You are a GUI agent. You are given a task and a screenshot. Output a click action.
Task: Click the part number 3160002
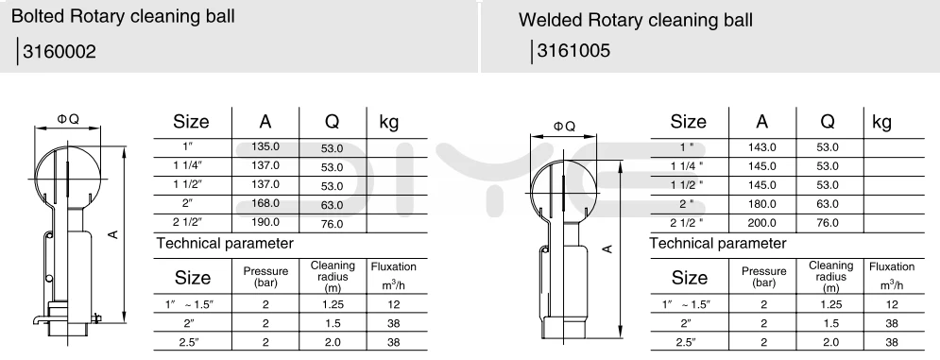coord(60,52)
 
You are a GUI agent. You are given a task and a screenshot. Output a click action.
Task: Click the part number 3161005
coord(573,50)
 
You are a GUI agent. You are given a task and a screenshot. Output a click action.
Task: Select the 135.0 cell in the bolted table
coord(265,147)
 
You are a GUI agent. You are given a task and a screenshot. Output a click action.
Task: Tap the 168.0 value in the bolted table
coord(265,203)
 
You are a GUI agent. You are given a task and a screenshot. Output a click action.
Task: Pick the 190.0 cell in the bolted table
coord(265,222)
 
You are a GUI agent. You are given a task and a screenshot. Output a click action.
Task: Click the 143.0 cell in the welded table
coord(762,147)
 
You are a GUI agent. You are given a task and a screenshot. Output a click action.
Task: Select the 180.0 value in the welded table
coord(762,204)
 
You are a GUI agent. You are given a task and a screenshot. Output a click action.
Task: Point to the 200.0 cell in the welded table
coord(762,223)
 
